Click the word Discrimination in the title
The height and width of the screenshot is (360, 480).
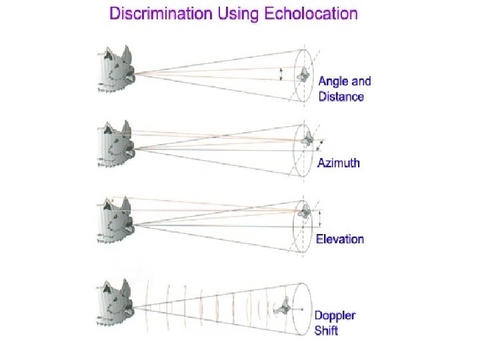[161, 14]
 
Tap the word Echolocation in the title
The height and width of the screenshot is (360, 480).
[311, 14]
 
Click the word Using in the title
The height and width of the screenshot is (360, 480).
[238, 15]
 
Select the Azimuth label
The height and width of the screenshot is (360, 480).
[339, 163]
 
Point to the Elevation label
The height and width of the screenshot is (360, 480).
[340, 239]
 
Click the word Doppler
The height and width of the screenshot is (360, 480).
[335, 316]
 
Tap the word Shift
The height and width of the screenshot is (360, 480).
[326, 331]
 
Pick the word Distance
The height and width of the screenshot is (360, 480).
[341, 97]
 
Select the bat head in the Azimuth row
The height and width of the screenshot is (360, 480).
[116, 145]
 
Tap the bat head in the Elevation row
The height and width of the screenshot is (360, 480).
[116, 221]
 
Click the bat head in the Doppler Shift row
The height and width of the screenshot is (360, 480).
[116, 303]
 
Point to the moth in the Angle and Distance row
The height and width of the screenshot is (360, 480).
[303, 75]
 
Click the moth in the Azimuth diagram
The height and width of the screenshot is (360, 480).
[307, 139]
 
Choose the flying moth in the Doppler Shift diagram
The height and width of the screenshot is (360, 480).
[283, 307]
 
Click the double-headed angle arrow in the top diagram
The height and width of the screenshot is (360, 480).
[281, 75]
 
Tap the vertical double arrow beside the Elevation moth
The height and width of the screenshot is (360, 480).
[320, 219]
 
